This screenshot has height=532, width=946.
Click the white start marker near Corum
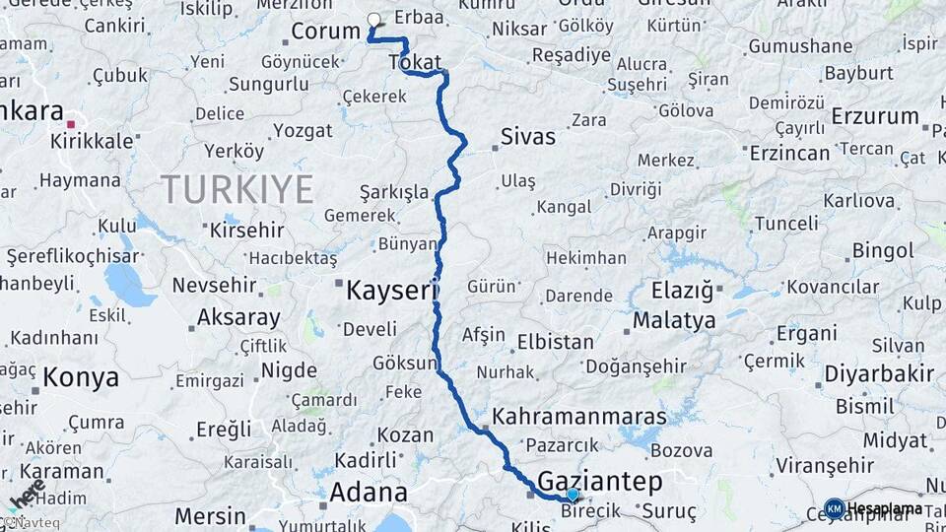click(373, 19)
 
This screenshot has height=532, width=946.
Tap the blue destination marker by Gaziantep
click(573, 494)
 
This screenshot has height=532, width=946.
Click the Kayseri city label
click(391, 290)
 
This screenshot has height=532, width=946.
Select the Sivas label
click(527, 136)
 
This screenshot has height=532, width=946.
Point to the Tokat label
click(415, 62)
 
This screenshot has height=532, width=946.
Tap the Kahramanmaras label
click(579, 416)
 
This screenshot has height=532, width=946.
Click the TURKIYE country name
click(237, 188)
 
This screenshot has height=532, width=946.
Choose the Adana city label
click(369, 492)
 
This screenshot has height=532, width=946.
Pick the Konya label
click(81, 377)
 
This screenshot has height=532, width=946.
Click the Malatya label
click(674, 320)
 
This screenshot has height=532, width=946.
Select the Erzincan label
click(789, 153)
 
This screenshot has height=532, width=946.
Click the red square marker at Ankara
click(71, 124)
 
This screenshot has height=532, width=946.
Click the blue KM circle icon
click(834, 508)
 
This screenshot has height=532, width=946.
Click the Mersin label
click(210, 515)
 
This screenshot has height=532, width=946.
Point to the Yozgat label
click(304, 129)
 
